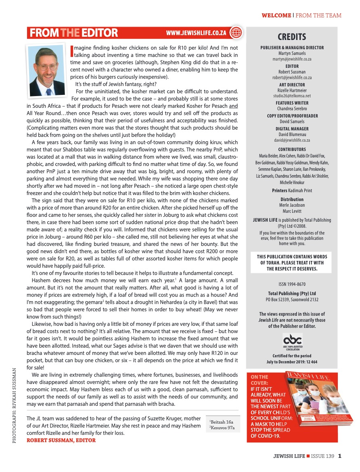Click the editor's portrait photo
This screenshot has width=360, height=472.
pyautogui.click(x=48, y=68)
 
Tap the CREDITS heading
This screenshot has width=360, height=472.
pyautogui.click(x=292, y=37)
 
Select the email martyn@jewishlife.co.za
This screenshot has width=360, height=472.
pyautogui.click(x=292, y=59)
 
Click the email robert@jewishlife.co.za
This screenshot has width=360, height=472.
pyautogui.click(x=292, y=78)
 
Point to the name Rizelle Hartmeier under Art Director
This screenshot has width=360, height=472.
pyautogui.click(x=292, y=90)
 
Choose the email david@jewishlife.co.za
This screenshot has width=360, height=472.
pyautogui.click(x=292, y=140)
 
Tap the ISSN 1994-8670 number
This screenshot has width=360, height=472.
pyautogui.click(x=292, y=284)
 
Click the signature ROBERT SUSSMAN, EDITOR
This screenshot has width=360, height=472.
pyautogui.click(x=61, y=440)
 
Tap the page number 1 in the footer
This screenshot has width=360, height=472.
pyautogui.click(x=340, y=457)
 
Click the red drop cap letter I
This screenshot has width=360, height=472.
pyautogui.click(x=72, y=50)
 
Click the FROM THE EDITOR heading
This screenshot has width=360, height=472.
pyautogui.click(x=73, y=33)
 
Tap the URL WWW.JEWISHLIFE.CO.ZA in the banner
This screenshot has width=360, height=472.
pyautogui.click(x=196, y=33)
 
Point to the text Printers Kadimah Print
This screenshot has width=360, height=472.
pyautogui.click(x=292, y=190)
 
